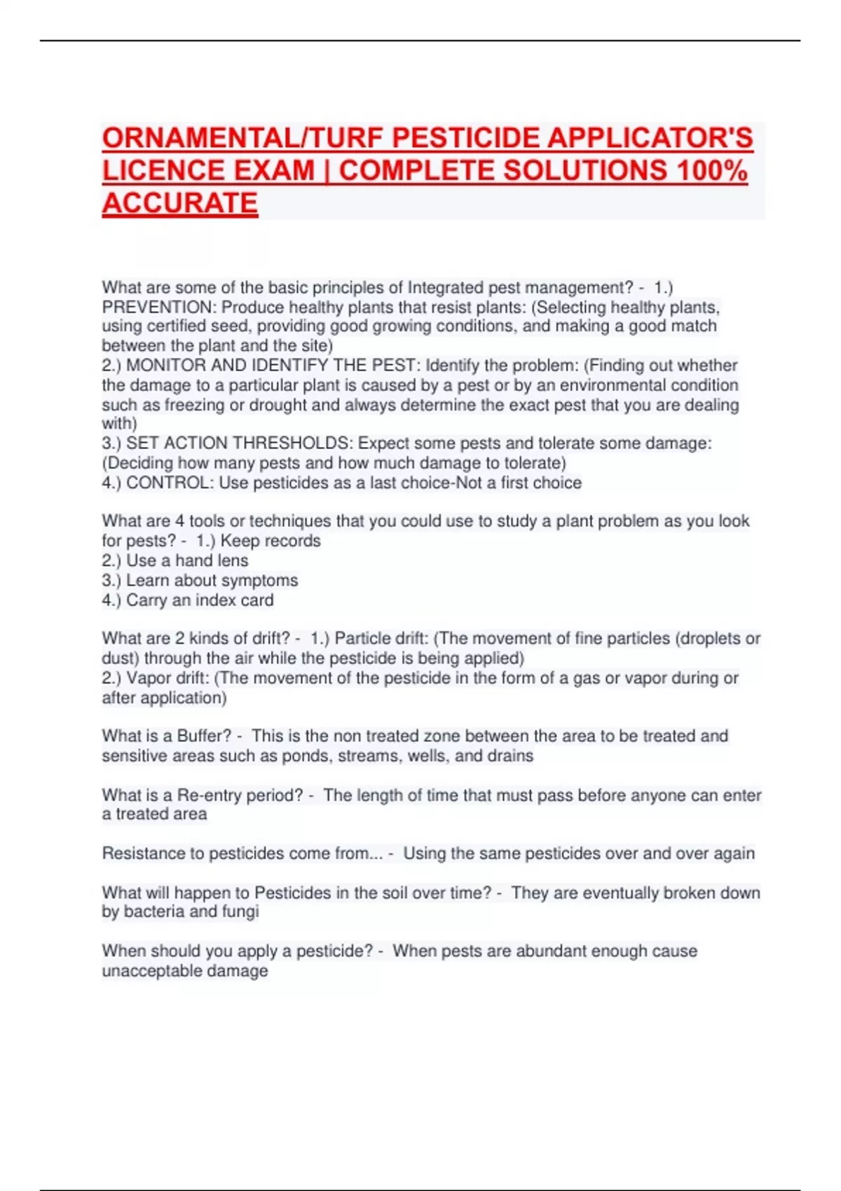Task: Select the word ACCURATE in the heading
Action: coord(180,203)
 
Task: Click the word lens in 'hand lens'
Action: coord(233,560)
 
